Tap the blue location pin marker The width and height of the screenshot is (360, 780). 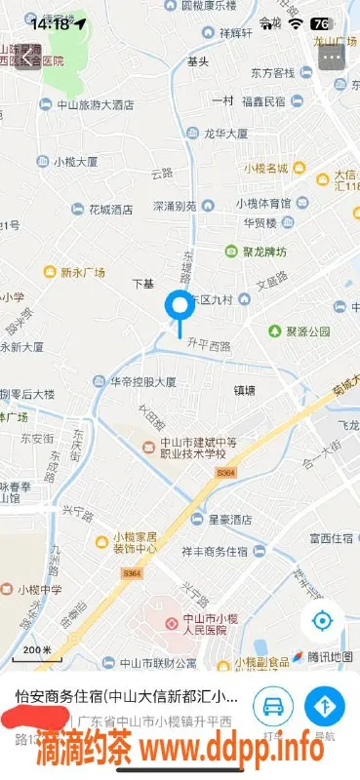coord(179,307)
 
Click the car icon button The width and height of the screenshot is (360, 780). coord(273,706)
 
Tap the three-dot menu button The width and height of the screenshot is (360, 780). coord(334,57)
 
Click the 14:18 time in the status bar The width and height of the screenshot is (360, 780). coord(50,23)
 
